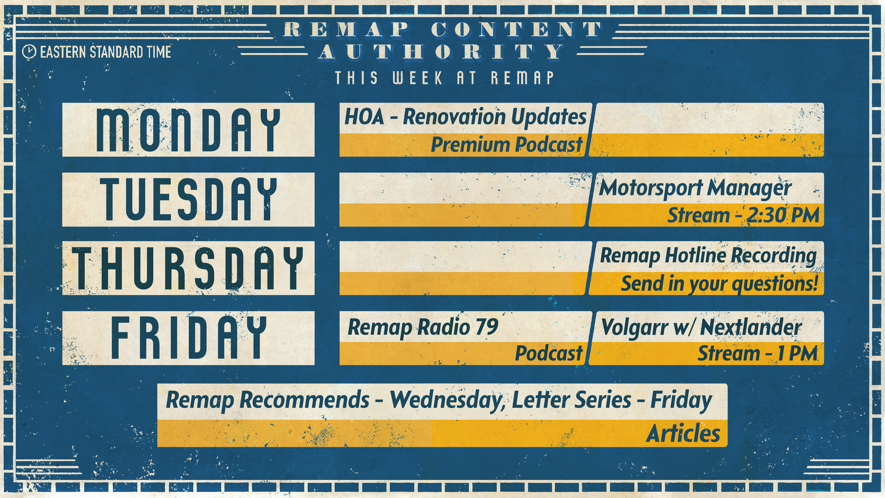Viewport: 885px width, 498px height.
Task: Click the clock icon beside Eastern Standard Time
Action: click(29, 52)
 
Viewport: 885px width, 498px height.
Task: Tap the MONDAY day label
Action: click(189, 130)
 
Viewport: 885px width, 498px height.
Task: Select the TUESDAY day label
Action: click(189, 200)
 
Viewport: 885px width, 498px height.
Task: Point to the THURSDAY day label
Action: click(189, 268)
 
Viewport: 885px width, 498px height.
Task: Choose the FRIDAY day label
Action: click(189, 338)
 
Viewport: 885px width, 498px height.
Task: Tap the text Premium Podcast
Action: click(507, 145)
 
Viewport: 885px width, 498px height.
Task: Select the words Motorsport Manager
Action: click(695, 188)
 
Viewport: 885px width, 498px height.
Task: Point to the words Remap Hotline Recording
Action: click(708, 256)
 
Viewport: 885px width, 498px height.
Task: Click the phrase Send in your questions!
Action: click(720, 284)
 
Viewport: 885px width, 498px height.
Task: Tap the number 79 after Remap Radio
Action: click(487, 327)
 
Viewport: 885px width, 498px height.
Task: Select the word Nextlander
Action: click(751, 328)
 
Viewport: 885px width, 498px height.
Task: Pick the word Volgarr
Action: click(635, 328)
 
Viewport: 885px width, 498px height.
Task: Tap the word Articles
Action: click(683, 433)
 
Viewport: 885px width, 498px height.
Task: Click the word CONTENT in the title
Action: click(516, 30)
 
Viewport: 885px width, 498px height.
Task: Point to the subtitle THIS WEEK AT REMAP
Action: click(444, 78)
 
